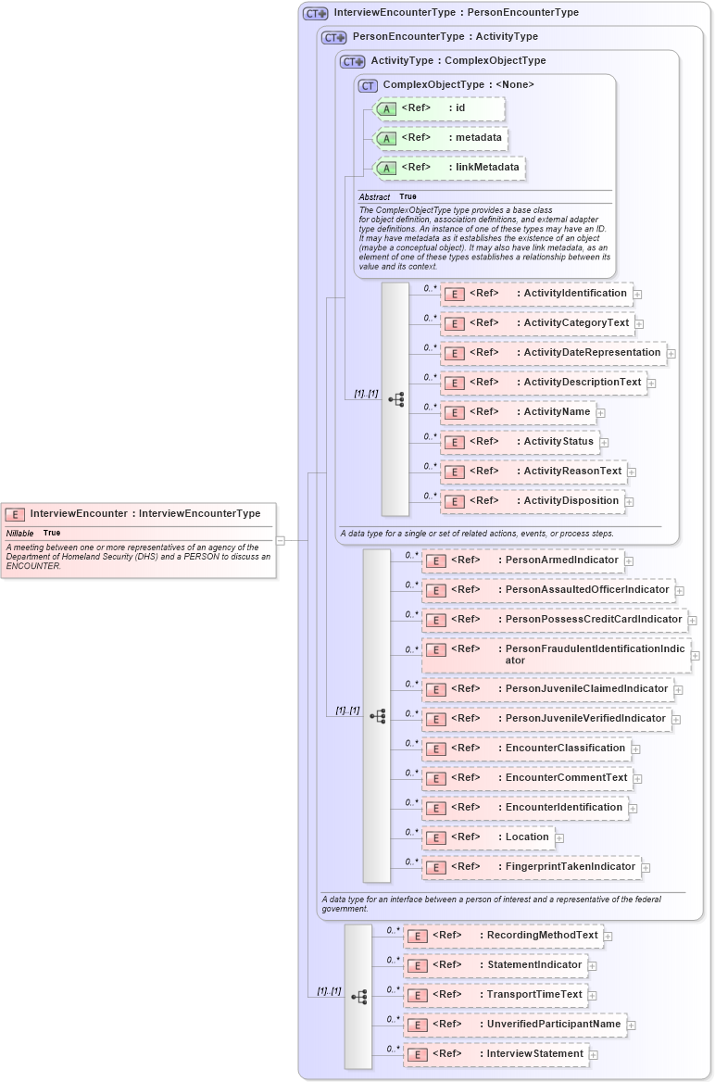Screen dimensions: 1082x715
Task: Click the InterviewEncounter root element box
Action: pyautogui.click(x=139, y=513)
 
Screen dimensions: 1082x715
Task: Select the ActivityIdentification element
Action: pyautogui.click(x=536, y=294)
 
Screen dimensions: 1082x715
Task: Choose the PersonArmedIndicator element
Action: pyautogui.click(x=522, y=560)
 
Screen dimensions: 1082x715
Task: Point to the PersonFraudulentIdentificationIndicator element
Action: pyautogui.click(x=556, y=655)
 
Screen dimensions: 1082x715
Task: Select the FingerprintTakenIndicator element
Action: pyautogui.click(x=531, y=867)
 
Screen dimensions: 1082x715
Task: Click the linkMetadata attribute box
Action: pyautogui.click(x=449, y=168)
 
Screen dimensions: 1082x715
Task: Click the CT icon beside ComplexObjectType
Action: pyautogui.click(x=368, y=85)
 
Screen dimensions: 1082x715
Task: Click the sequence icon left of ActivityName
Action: pyautogui.click(x=396, y=400)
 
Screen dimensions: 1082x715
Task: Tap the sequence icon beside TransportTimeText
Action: pyautogui.click(x=359, y=997)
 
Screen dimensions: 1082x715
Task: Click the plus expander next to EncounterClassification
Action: pyautogui.click(x=635, y=749)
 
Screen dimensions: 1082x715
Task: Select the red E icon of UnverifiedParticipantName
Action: pyautogui.click(x=418, y=1025)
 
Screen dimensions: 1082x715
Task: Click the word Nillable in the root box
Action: pyautogui.click(x=19, y=534)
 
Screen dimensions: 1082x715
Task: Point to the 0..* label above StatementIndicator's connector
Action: pyautogui.click(x=393, y=959)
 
